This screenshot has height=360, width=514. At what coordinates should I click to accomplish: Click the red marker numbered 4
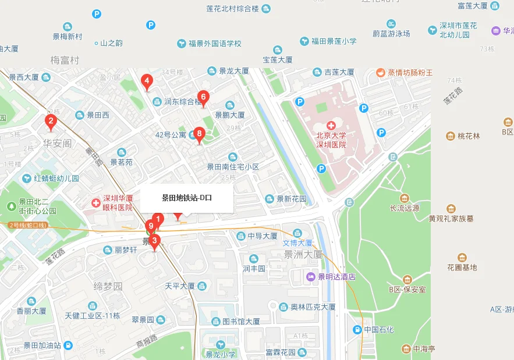point(147,82)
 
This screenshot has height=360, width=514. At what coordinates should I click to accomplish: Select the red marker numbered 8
point(199,135)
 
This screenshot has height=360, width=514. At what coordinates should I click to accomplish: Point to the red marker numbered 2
point(51,122)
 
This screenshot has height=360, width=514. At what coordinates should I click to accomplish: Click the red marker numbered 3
point(154,241)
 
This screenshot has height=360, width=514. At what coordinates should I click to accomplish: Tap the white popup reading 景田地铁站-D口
point(187,198)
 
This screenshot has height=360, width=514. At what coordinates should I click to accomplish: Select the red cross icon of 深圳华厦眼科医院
point(95,202)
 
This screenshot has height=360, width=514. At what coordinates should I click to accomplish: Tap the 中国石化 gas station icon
point(357,330)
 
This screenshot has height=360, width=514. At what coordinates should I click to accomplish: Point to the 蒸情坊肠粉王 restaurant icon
point(380,73)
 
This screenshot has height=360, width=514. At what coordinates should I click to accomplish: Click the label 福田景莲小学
point(334,41)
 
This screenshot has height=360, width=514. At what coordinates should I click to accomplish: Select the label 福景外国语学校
point(214,44)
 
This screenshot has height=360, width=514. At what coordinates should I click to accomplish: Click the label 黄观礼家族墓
point(451,219)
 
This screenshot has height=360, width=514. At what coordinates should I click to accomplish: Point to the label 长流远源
point(404,208)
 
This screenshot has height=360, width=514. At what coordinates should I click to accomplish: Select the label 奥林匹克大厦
point(313,306)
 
